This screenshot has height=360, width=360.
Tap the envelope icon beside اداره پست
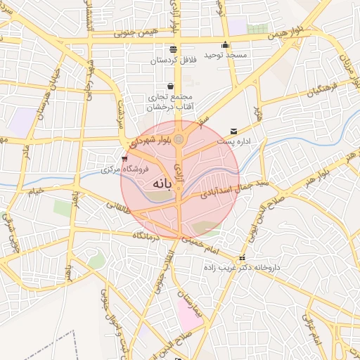tap(233, 131)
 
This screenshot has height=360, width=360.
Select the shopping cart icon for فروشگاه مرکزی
tap(124, 159)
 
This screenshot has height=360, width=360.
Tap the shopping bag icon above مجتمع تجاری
tap(171, 86)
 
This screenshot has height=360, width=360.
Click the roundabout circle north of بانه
tap(179, 139)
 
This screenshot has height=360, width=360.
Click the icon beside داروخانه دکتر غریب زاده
tap(243, 257)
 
